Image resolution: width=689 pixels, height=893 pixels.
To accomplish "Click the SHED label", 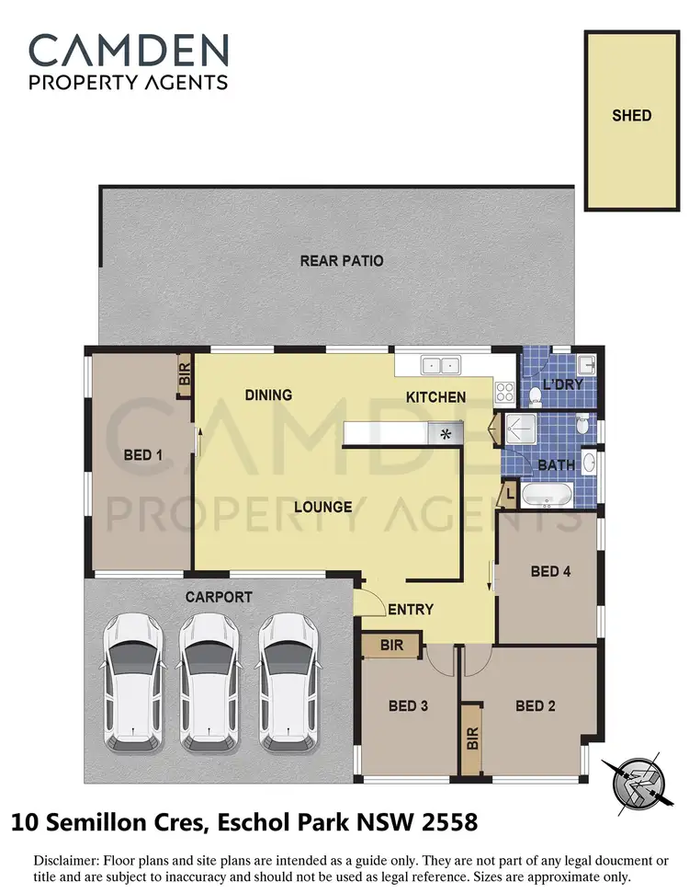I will (x=631, y=116).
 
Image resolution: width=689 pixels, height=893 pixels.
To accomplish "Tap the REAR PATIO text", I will (x=342, y=261).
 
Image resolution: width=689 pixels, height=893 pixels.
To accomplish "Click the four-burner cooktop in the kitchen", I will (x=504, y=393).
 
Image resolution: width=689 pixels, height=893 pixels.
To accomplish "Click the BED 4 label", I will (x=550, y=571).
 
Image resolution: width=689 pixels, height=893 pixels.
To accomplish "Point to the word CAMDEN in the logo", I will (x=129, y=49).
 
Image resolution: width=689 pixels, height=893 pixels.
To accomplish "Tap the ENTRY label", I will (x=411, y=610).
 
